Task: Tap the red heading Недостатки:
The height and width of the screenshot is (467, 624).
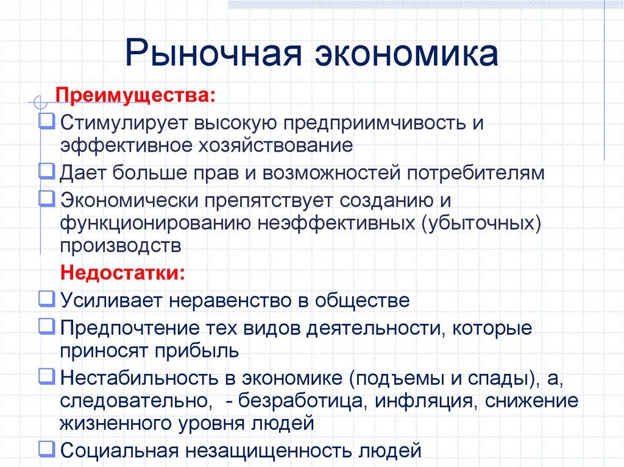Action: click(x=122, y=272)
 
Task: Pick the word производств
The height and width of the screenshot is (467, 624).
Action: click(x=120, y=246)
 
